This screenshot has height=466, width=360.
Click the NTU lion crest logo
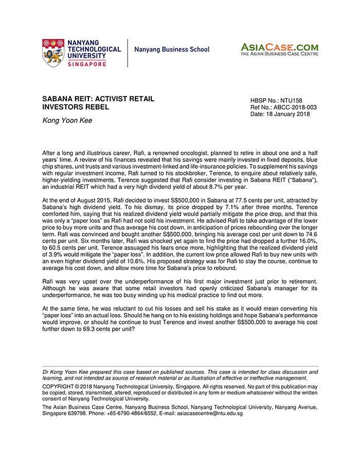(x=53, y=52)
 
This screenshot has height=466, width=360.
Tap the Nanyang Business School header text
(x=172, y=49)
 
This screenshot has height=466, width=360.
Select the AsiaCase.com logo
(x=279, y=49)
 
